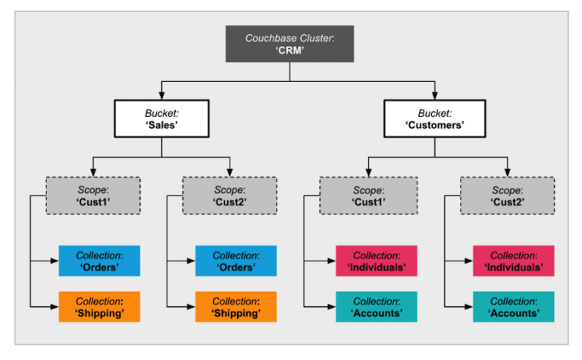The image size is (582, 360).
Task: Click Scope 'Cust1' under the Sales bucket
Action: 93,196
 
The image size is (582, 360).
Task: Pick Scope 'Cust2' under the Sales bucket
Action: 230,196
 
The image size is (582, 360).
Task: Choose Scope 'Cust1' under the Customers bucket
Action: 368,196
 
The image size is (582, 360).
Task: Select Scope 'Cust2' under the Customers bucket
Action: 507,196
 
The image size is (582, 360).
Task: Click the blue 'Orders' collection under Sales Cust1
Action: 99,261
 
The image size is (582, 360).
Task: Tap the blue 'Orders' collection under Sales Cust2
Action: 236,261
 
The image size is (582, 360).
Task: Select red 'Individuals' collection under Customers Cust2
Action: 514,261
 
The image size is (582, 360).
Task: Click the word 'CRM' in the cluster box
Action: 291,51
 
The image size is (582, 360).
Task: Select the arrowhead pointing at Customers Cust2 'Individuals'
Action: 468,261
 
